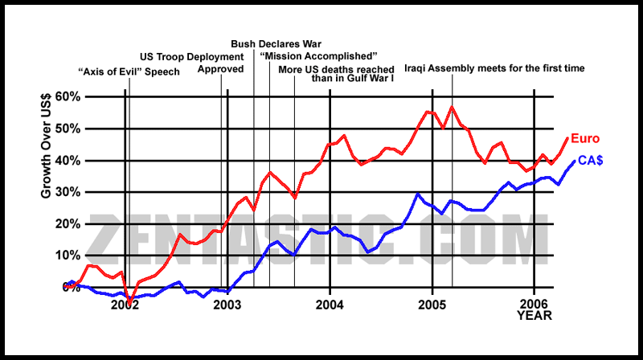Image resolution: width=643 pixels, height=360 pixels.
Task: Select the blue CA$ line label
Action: click(591, 162)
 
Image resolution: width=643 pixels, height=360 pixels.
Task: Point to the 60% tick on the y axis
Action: click(67, 97)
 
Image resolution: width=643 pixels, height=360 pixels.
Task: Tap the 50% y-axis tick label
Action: click(67, 129)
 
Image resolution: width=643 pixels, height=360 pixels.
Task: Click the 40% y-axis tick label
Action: click(67, 161)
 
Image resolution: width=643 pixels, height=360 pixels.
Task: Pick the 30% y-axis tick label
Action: click(67, 193)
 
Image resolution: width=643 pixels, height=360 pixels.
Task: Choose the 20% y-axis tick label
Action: click(67, 224)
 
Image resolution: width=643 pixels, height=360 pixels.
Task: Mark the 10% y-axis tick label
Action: click(67, 256)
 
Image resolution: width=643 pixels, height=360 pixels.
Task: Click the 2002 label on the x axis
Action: click(125, 305)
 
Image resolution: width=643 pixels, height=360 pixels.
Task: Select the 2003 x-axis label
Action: click(228, 305)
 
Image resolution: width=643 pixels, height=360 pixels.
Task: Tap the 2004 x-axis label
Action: click(330, 305)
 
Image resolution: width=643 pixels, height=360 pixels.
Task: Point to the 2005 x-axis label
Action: click(432, 305)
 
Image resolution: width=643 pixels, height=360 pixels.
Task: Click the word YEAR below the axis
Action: click(534, 317)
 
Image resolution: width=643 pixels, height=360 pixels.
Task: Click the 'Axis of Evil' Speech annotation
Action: click(129, 72)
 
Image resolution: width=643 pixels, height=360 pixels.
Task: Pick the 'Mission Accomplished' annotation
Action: click(318, 56)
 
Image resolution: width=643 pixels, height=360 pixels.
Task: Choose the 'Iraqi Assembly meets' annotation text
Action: click(494, 69)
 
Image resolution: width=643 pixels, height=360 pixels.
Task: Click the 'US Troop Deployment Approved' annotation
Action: click(193, 63)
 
